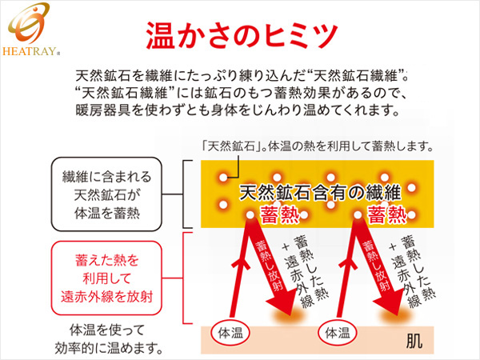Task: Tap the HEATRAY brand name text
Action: [x=30, y=51]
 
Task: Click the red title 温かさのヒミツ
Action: [x=242, y=35]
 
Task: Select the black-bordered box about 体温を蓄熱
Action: [x=106, y=194]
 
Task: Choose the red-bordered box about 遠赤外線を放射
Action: [x=106, y=278]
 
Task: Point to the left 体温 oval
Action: [x=230, y=333]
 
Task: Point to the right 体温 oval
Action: [x=338, y=333]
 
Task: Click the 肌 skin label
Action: [x=414, y=341]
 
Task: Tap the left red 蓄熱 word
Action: [x=279, y=215]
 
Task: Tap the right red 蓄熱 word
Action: [x=387, y=215]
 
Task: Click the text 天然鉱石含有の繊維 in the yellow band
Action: [x=319, y=193]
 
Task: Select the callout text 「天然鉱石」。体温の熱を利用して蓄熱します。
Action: [x=318, y=146]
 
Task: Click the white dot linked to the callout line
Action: [x=223, y=178]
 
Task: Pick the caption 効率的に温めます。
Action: [x=108, y=348]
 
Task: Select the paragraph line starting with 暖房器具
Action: [x=238, y=110]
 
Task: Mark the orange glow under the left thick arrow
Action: [x=290, y=315]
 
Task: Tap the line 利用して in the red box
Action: [x=106, y=278]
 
